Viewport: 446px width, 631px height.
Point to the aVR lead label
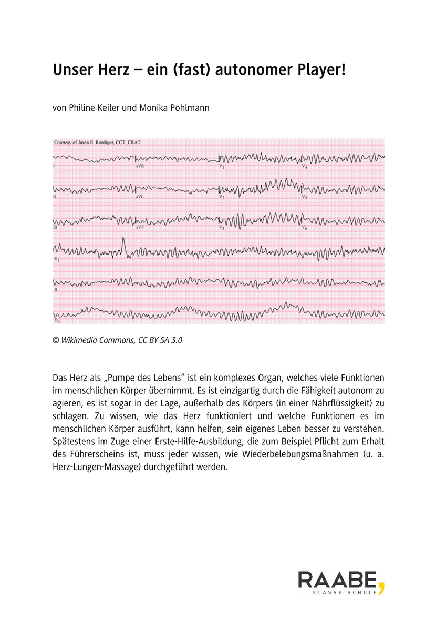[140, 166]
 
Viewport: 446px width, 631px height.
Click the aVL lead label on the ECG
[140, 197]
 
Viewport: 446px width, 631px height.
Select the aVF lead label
[140, 228]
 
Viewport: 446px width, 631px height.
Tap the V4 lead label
[305, 166]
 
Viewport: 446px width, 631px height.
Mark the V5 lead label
[305, 197]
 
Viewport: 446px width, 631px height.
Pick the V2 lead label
[222, 197]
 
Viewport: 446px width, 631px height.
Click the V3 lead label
[222, 228]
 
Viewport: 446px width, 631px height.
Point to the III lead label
[55, 228]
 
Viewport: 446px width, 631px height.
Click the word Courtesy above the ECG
[65, 143]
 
